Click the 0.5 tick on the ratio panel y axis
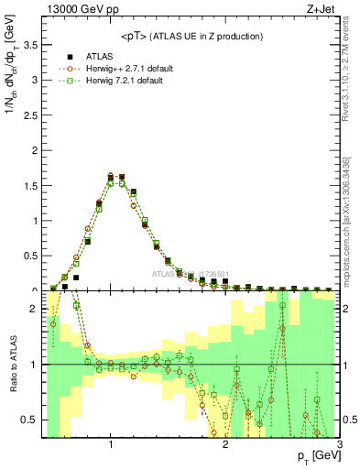tap(32, 420)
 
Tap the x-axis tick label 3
tap(339, 444)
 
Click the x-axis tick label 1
tap(111, 444)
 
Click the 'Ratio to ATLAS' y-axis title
tap(13, 364)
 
